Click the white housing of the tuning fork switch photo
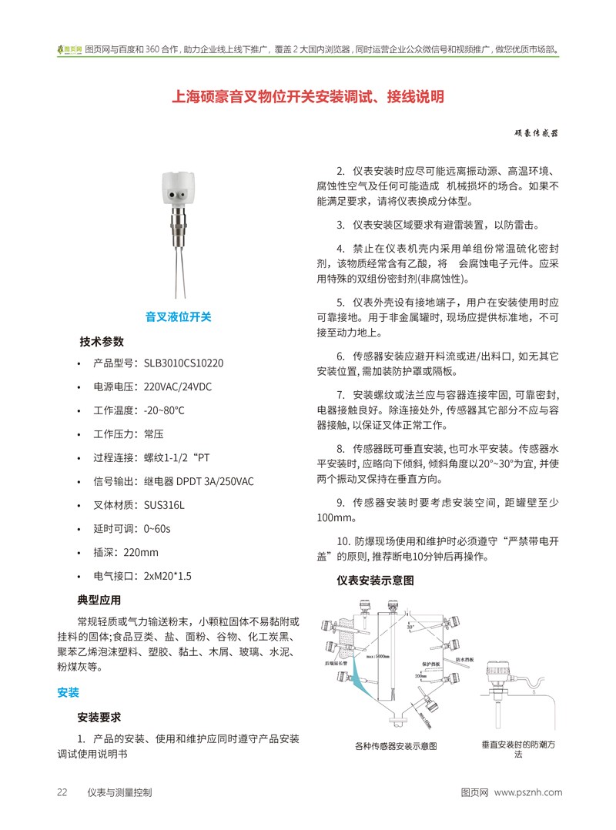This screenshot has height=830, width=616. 178,188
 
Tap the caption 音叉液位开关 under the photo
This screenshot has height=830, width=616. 178,316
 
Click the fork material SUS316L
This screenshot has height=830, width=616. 164,505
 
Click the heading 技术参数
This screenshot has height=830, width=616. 102,341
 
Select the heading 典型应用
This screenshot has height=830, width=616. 99,600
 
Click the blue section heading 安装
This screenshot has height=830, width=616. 68,692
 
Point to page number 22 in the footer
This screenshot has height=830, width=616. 62,792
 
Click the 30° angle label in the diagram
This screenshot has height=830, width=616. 410,627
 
